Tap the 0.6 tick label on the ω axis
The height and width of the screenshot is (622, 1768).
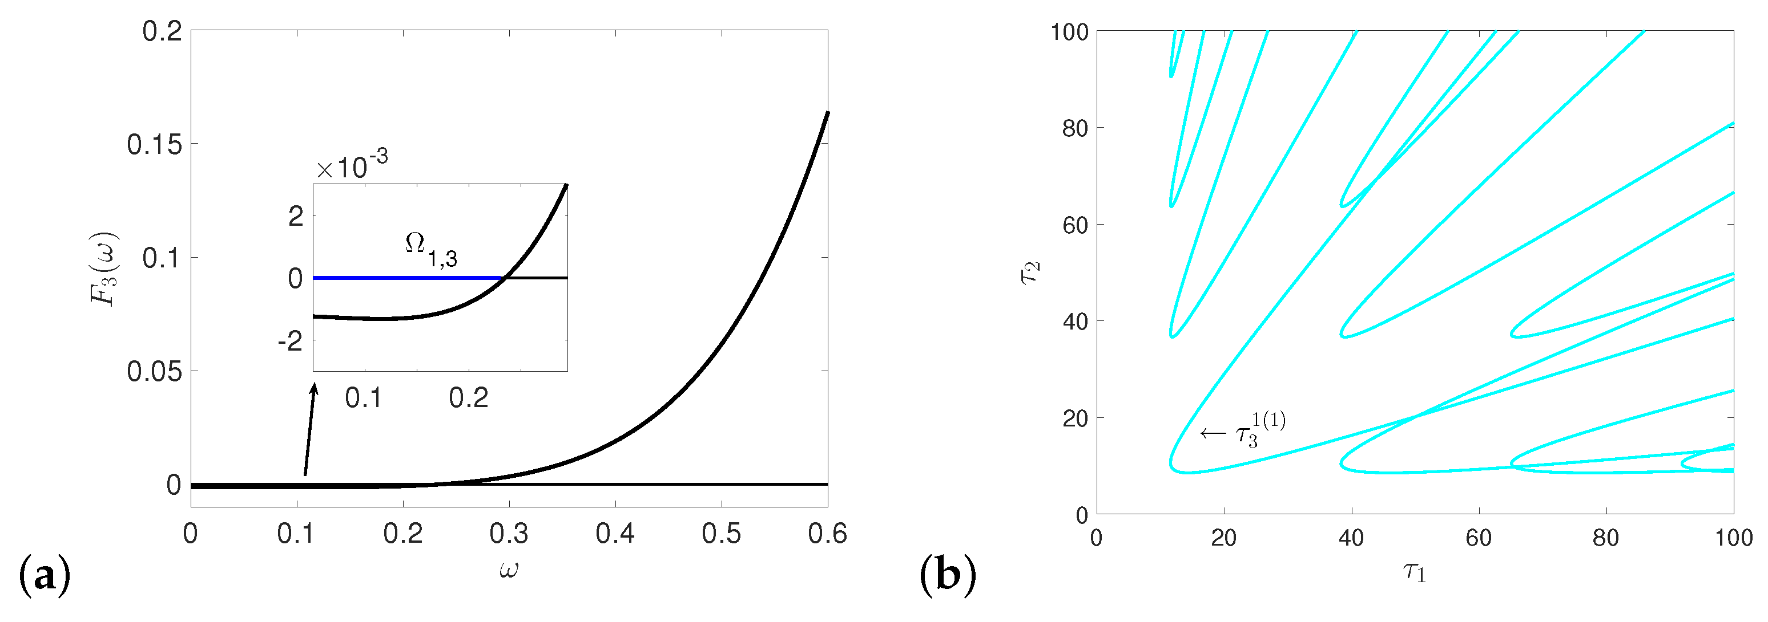pyautogui.click(x=827, y=534)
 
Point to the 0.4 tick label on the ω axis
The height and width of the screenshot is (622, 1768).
pyautogui.click(x=615, y=534)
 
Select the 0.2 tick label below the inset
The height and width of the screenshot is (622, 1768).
pyautogui.click(x=469, y=399)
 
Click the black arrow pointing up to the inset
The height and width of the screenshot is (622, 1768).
pyautogui.click(x=310, y=429)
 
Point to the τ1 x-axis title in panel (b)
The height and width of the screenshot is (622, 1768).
pyautogui.click(x=1415, y=571)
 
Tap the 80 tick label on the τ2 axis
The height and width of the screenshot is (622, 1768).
pyautogui.click(x=1075, y=128)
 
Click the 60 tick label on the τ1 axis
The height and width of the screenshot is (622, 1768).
pyautogui.click(x=1479, y=538)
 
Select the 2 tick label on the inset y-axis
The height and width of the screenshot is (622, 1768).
pyautogui.click(x=296, y=217)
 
